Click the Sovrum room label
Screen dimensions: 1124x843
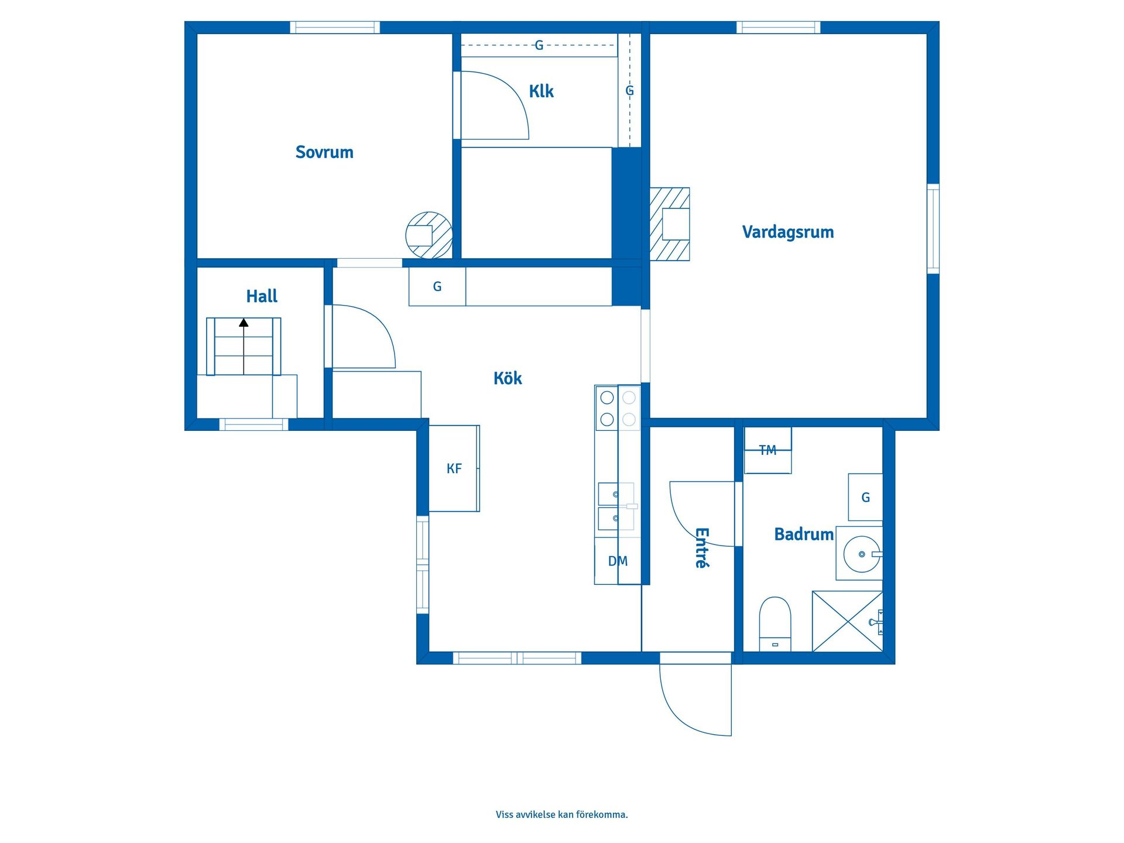pos(324,152)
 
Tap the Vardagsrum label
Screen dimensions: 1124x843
pos(788,232)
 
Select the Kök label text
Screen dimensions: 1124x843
pos(508,378)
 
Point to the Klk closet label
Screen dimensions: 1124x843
pos(542,91)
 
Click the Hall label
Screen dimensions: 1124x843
pos(262,296)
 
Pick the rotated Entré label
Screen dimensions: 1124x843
pos(702,548)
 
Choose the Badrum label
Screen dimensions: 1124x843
pos(804,534)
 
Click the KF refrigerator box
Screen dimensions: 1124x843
pos(454,468)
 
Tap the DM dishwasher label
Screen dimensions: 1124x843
pos(618,561)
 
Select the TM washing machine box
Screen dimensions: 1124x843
pos(767,450)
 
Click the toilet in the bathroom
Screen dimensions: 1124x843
pos(775,624)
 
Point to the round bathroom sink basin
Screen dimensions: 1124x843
pos(862,554)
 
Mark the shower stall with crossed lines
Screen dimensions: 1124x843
pos(847,621)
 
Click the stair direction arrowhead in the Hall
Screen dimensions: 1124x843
pos(244,323)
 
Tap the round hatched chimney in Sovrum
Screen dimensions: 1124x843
pos(429,235)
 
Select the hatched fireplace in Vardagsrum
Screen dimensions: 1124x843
pos(670,224)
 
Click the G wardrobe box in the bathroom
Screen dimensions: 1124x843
pos(865,498)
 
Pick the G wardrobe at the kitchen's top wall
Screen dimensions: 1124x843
pos(437,286)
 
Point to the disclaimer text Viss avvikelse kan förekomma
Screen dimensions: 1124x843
pos(562,814)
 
